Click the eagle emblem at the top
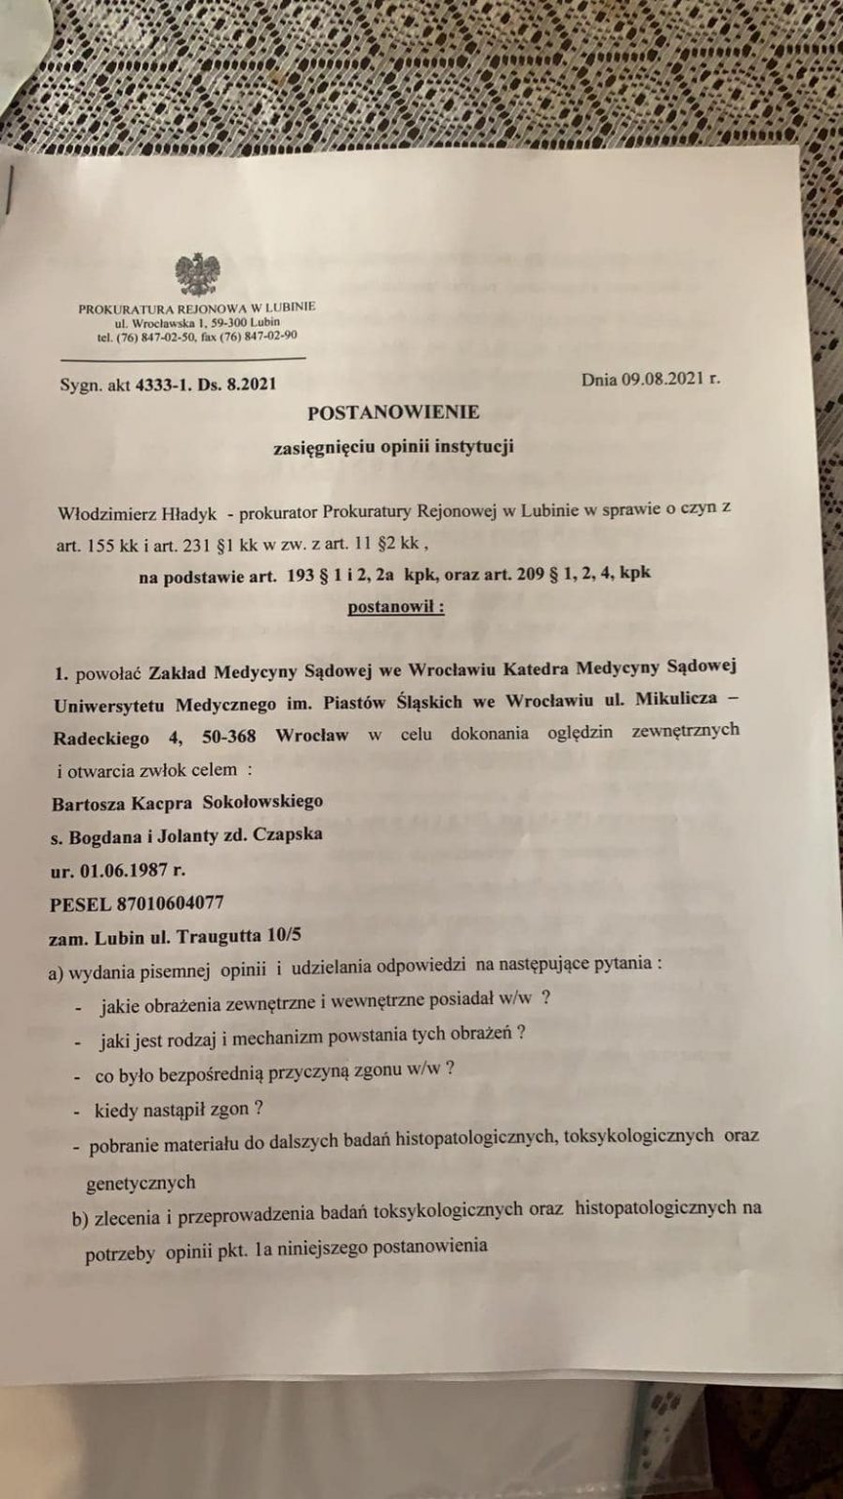(x=197, y=274)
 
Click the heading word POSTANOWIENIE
(x=393, y=413)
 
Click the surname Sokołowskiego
(x=261, y=801)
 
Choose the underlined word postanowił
(x=396, y=606)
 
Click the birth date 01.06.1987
(x=131, y=869)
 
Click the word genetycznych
(x=140, y=1182)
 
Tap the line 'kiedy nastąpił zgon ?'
(x=181, y=1109)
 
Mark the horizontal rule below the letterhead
(x=181, y=358)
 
